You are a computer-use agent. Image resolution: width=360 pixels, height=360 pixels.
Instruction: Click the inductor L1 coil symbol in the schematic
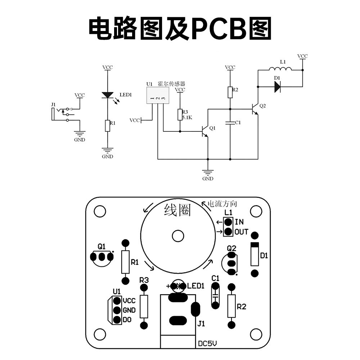click(280, 69)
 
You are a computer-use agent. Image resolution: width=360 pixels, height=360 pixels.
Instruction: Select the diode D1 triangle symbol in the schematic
click(277, 87)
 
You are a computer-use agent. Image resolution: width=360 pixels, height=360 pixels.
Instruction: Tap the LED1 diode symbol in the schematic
click(107, 95)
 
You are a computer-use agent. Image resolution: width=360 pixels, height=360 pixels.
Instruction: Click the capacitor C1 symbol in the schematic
click(230, 123)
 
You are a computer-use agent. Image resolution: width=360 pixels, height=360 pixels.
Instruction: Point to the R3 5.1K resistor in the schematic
click(180, 115)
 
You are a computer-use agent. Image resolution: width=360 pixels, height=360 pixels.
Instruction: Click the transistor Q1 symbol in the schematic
click(205, 131)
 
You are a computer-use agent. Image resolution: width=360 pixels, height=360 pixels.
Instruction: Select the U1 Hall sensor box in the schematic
click(158, 95)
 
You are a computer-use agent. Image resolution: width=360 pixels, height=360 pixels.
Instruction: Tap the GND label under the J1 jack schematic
click(80, 140)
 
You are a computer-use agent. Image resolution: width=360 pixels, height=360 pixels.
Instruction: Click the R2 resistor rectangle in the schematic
click(230, 92)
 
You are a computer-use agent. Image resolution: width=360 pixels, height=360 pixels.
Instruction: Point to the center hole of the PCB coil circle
click(178, 236)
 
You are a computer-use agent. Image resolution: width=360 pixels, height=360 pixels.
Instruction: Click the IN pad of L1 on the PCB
click(228, 222)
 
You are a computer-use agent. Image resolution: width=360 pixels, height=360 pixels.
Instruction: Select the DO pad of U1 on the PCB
click(117, 320)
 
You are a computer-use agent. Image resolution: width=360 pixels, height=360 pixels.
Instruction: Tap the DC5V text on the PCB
click(207, 343)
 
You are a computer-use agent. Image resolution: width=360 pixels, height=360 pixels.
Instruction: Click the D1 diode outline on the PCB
click(255, 254)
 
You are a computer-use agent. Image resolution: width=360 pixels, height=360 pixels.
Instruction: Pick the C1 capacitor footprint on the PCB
click(215, 296)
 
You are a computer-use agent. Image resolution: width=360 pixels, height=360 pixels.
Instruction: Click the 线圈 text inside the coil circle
click(177, 210)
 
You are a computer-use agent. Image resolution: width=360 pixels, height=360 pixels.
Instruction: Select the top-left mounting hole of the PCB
click(100, 211)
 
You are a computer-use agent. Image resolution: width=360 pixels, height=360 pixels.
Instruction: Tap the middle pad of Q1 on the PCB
click(102, 257)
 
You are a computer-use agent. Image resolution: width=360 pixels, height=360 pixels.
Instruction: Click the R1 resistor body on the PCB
click(125, 262)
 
